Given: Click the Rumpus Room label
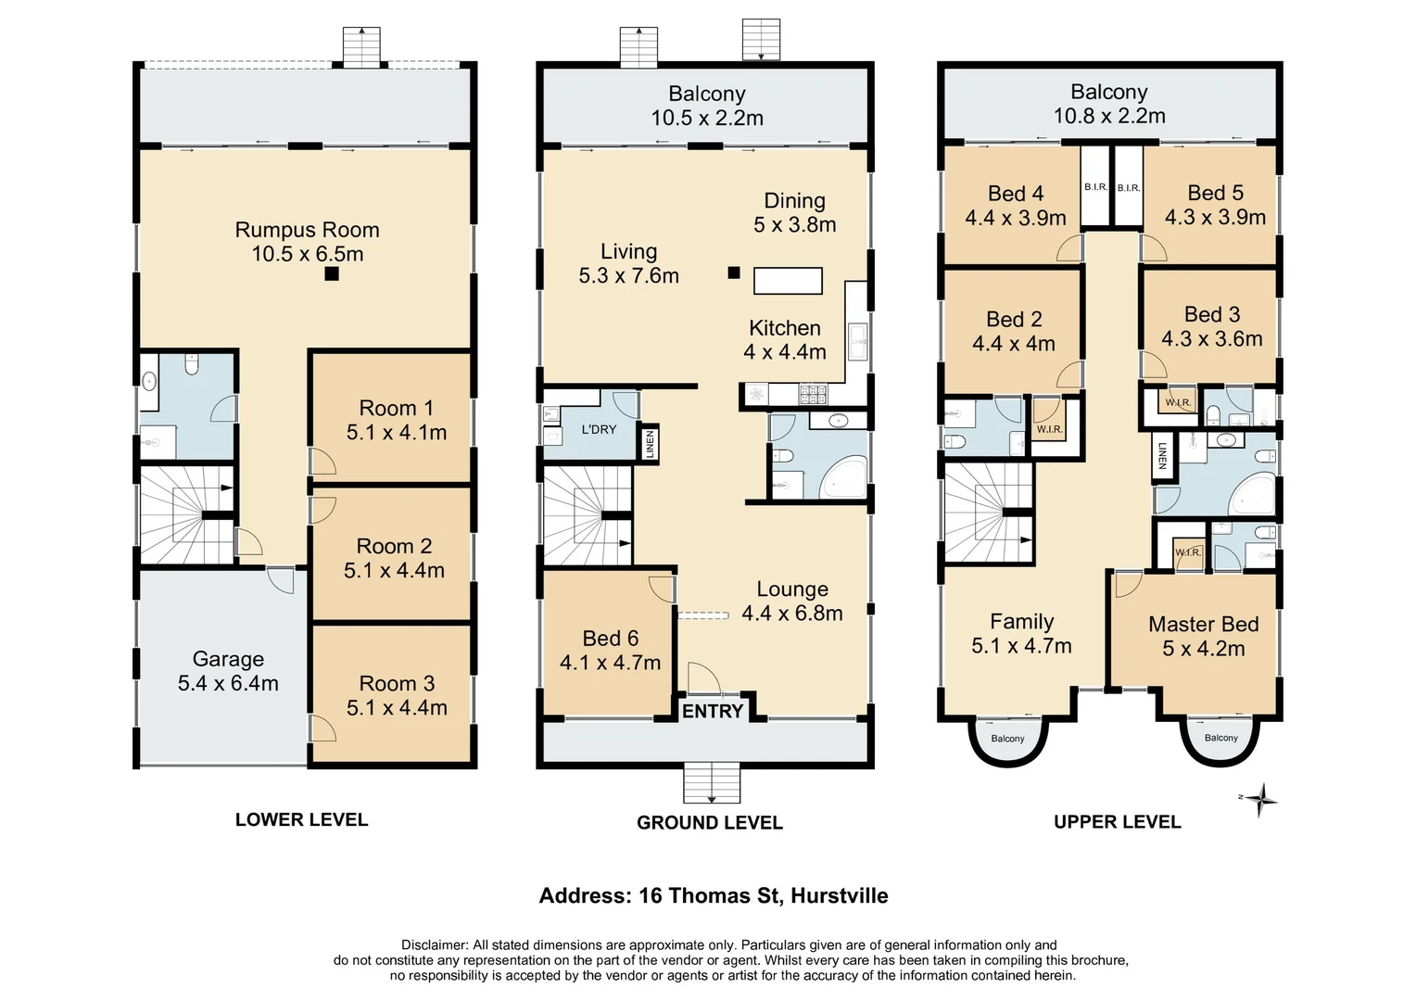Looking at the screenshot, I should [x=307, y=230].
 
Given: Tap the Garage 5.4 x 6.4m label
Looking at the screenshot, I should [x=228, y=672].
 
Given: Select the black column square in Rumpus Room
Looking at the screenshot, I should [x=332, y=274].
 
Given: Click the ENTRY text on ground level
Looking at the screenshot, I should [x=713, y=711].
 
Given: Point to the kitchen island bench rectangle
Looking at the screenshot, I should [x=788, y=280].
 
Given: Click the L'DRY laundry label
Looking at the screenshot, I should [x=599, y=429].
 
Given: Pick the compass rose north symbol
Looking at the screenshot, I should [x=1260, y=799].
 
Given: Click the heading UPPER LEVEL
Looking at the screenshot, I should [x=1117, y=822].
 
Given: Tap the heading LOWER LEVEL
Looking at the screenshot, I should [x=301, y=819].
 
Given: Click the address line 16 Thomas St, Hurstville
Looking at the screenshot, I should [x=714, y=896].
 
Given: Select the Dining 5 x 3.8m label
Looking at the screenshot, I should [x=794, y=212].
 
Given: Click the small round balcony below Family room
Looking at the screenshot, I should [x=1007, y=741].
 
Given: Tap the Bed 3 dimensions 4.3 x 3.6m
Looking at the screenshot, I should [x=1211, y=339].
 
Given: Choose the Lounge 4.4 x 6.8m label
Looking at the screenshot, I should [x=791, y=602].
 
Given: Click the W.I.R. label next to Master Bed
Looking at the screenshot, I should [x=1187, y=553].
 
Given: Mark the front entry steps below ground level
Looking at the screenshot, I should [x=712, y=783].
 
